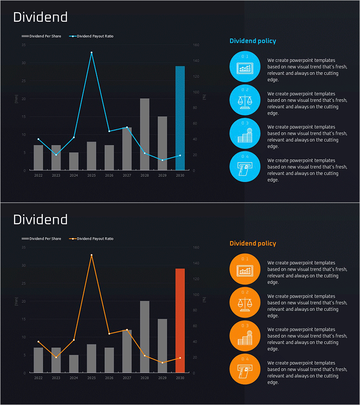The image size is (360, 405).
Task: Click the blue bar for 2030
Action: coord(180,118)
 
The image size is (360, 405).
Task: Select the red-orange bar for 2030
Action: coord(180,320)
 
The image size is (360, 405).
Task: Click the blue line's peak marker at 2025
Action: coord(91,53)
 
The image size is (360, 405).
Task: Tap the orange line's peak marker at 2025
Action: coord(91,255)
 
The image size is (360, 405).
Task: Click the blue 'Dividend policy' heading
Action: coord(252,41)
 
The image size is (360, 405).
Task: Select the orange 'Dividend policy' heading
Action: coord(252,243)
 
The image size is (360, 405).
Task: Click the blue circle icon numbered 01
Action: coord(245,66)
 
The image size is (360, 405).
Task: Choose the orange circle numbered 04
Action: coord(245,369)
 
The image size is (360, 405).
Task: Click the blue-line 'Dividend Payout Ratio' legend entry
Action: coord(92,36)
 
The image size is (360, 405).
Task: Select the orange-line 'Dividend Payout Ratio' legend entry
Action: coord(92,238)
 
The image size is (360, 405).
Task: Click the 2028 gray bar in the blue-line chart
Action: coord(144,134)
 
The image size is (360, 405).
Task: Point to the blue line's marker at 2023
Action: coord(56,155)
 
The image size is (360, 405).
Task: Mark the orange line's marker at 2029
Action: coord(162,363)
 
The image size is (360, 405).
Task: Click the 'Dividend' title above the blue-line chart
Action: coord(40,17)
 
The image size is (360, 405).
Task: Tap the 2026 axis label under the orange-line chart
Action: coord(109,378)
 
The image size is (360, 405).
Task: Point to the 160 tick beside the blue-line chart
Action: coord(196,45)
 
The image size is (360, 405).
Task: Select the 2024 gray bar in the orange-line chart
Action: coord(74,364)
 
